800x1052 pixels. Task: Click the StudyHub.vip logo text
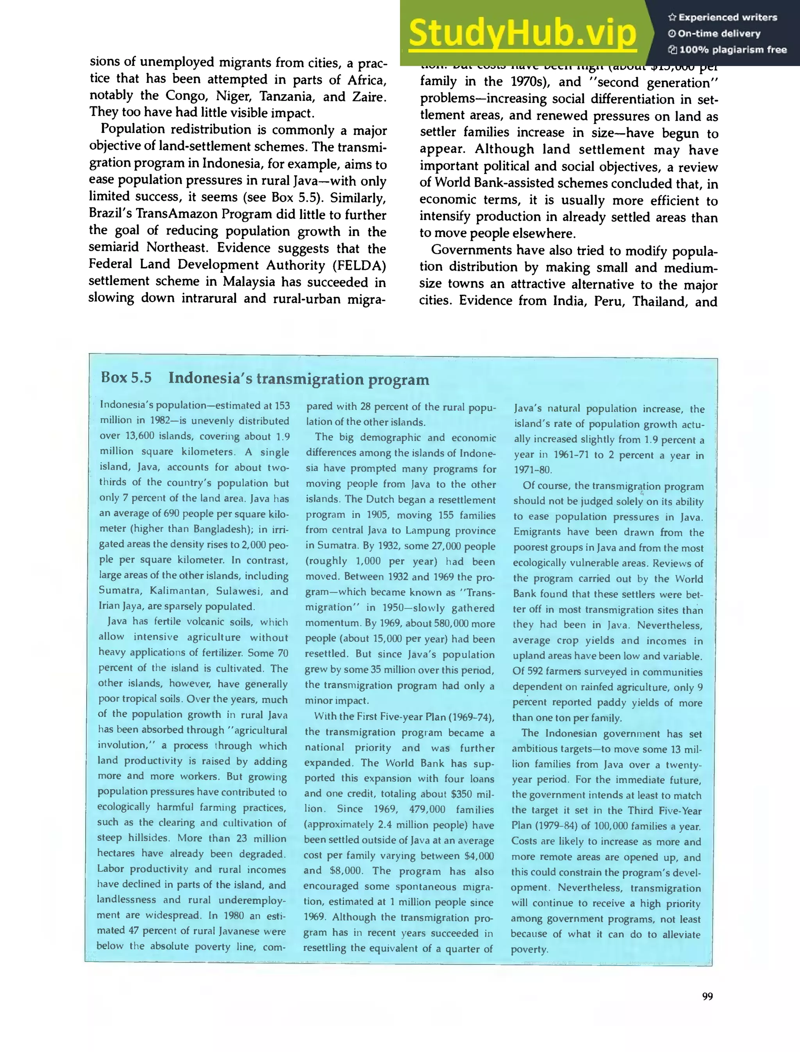[x=522, y=33]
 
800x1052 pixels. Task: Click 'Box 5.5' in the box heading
[x=126, y=377]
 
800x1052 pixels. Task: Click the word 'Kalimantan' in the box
[x=179, y=591]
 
